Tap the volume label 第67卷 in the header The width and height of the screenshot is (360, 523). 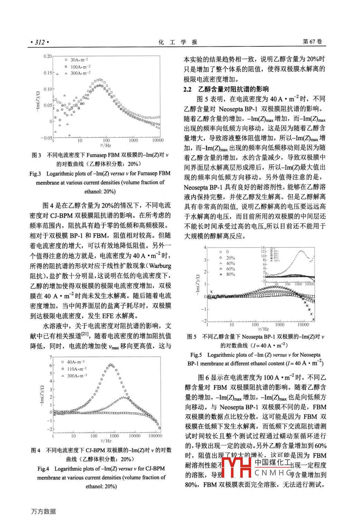click(x=312, y=42)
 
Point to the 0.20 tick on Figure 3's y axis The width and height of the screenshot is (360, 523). click(x=48, y=56)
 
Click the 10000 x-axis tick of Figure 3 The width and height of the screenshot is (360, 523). click(x=158, y=140)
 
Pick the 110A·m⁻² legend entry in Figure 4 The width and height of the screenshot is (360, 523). click(x=76, y=369)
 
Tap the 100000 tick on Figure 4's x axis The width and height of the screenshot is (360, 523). click(x=155, y=436)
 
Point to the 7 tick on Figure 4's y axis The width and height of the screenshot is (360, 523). click(x=51, y=357)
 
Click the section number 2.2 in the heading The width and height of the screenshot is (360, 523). click(x=187, y=89)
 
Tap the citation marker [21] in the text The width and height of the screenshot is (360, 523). click(x=85, y=334)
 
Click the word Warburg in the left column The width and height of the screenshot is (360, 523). click(x=160, y=266)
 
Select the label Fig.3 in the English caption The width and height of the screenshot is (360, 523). click(x=35, y=174)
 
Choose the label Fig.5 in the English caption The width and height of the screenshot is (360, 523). click(x=196, y=355)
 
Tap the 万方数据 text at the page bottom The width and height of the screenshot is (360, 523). click(x=44, y=512)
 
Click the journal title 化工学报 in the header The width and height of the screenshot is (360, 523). click(x=178, y=42)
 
